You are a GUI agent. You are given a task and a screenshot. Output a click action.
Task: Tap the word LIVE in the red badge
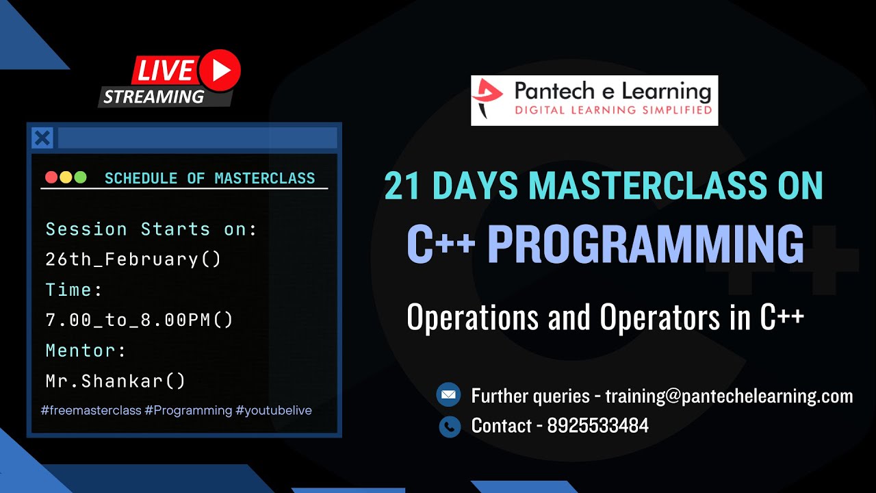pos(165,71)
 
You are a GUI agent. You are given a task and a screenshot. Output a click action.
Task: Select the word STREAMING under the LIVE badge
pos(154,97)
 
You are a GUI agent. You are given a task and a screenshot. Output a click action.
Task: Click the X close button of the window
pos(42,138)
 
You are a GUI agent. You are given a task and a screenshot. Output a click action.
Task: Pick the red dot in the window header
pos(51,177)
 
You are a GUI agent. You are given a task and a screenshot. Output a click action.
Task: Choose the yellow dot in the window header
pos(66,177)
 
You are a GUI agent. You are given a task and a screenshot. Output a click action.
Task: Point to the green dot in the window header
pos(80,177)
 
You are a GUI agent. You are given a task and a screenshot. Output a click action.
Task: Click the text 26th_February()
pos(133,260)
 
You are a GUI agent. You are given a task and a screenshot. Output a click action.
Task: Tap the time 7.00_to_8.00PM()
pos(140,320)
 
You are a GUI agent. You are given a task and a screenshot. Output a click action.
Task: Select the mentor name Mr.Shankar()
pos(116,381)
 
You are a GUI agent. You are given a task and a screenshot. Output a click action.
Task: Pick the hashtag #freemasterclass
pos(91,410)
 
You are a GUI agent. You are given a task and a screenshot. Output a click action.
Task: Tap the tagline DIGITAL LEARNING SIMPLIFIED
pos(613,110)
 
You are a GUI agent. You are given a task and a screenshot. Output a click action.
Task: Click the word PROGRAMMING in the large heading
pos(645,245)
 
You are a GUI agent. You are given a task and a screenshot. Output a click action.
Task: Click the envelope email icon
pos(449,395)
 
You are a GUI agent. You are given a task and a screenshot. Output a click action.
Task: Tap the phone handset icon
pos(449,426)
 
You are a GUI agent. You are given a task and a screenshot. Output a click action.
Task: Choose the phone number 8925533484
pos(597,426)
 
